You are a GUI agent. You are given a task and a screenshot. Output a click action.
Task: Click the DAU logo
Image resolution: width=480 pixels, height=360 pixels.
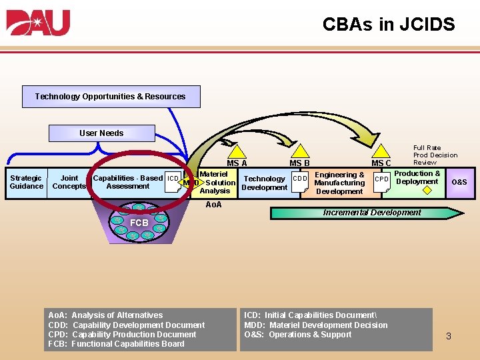point(39,23)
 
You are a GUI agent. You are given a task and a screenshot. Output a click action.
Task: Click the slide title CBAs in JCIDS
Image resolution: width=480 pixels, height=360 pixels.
point(388,25)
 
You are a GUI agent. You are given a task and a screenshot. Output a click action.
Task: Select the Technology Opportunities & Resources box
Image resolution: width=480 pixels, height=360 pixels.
point(111,97)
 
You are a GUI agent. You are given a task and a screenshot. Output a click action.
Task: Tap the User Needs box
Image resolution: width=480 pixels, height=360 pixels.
point(102,133)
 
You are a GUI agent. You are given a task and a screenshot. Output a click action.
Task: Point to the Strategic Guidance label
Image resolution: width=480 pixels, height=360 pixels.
point(27,182)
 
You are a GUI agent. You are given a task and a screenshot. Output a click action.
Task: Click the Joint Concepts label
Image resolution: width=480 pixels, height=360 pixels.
point(69,182)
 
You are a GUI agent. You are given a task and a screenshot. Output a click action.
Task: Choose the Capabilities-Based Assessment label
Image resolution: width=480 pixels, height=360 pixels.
point(128,182)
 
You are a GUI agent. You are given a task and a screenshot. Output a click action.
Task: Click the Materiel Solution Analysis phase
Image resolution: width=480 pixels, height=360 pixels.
point(215,183)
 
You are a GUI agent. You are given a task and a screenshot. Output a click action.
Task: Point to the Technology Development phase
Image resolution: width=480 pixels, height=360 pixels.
point(265,183)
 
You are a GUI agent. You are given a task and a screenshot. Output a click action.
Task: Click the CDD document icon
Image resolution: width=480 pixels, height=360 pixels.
point(301,181)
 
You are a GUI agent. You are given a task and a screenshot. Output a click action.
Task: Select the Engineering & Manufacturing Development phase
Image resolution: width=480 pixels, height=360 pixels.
point(339,183)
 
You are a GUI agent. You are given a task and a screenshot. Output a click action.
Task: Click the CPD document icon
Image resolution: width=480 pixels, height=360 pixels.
point(381,181)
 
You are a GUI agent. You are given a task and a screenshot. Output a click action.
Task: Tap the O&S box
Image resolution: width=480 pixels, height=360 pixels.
point(459,183)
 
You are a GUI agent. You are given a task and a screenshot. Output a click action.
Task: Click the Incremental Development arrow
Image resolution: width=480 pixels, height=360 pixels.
point(367,213)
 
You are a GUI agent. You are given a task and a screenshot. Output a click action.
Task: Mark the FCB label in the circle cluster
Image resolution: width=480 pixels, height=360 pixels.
point(139,223)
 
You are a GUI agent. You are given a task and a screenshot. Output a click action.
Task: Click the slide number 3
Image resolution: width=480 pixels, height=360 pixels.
point(449,336)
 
